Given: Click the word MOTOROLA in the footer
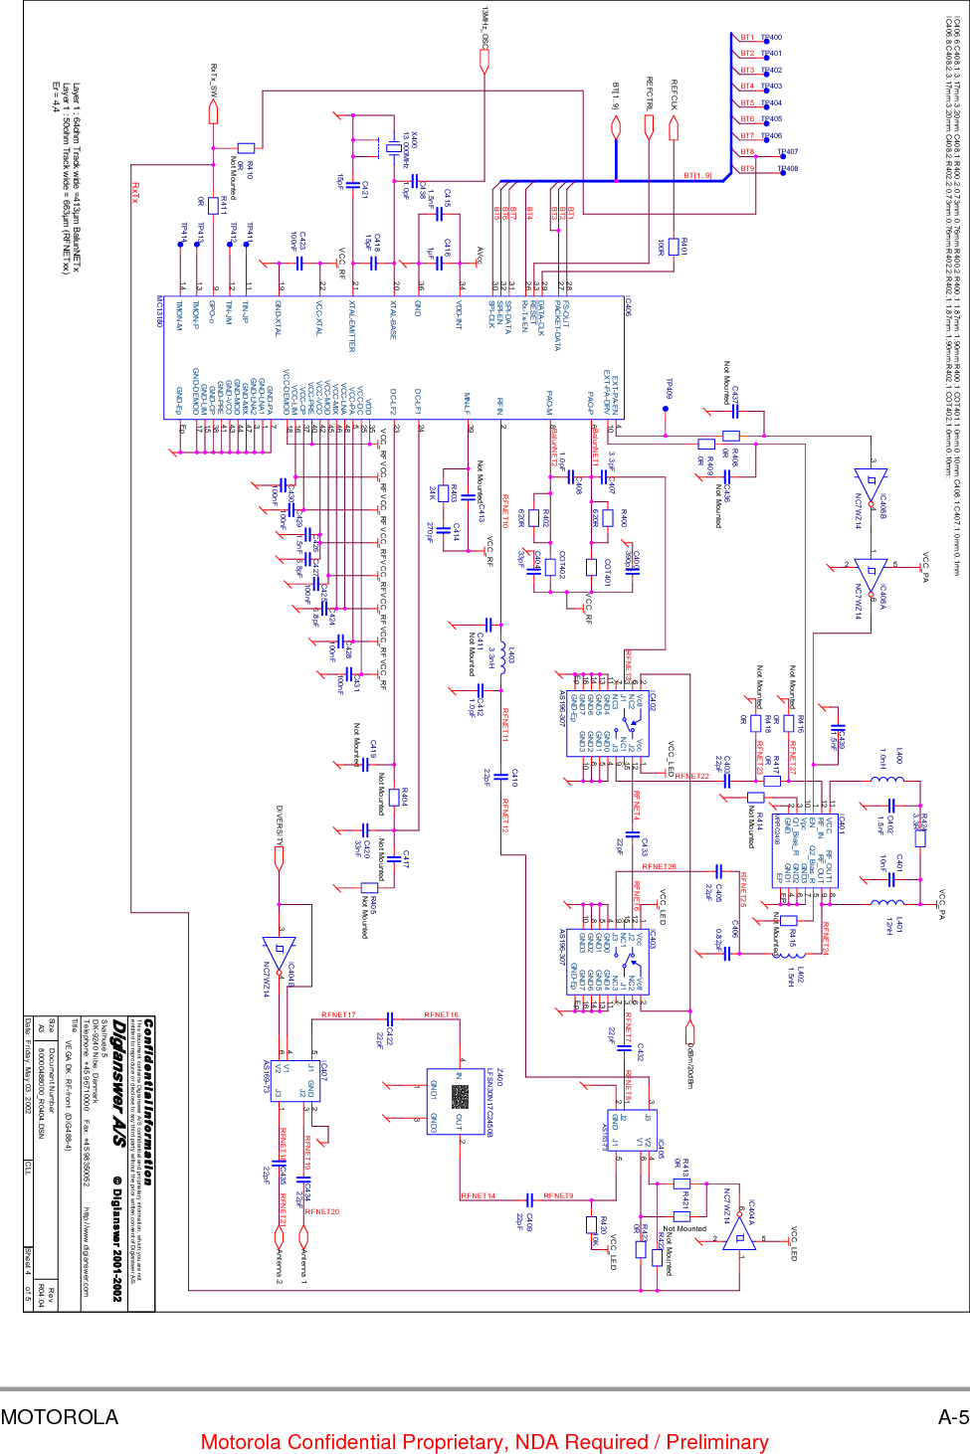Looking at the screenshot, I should [60, 1417].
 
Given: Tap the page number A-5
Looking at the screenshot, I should [952, 1417].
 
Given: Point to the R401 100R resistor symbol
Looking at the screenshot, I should [675, 246].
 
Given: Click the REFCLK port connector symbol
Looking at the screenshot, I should [675, 127].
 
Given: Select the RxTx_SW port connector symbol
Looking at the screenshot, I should [213, 112].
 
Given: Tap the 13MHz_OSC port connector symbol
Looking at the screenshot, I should [485, 62].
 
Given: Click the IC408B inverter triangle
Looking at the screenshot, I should [869, 484].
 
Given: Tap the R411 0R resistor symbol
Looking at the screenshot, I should [213, 207].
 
